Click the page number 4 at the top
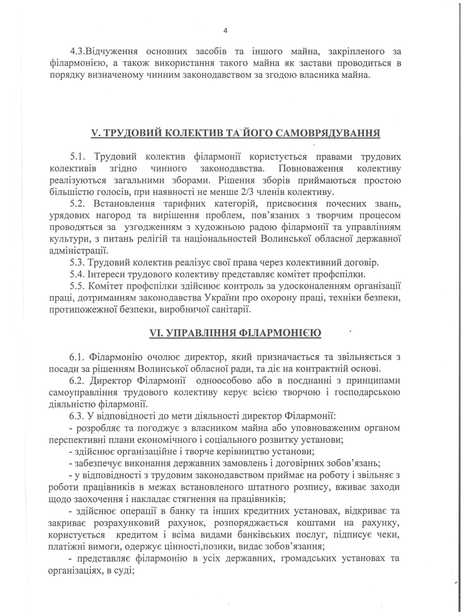pos(225,31)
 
